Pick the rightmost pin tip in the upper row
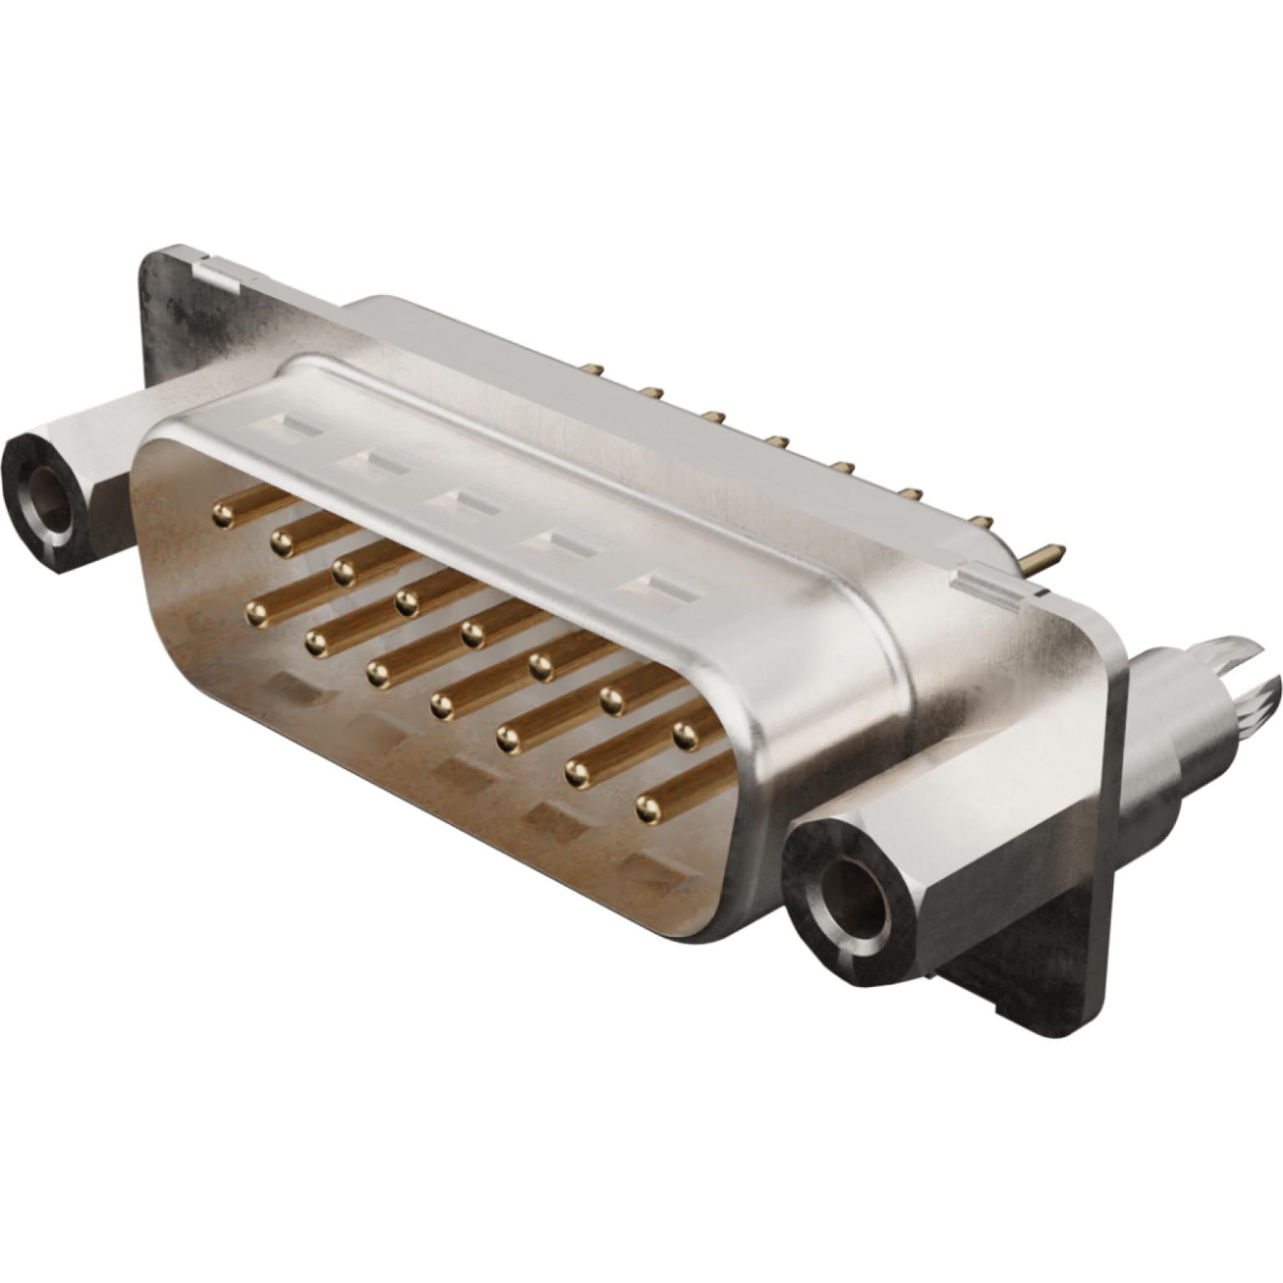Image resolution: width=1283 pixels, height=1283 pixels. tap(685, 733)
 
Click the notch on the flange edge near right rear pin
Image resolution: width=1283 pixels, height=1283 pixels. tap(999, 583)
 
